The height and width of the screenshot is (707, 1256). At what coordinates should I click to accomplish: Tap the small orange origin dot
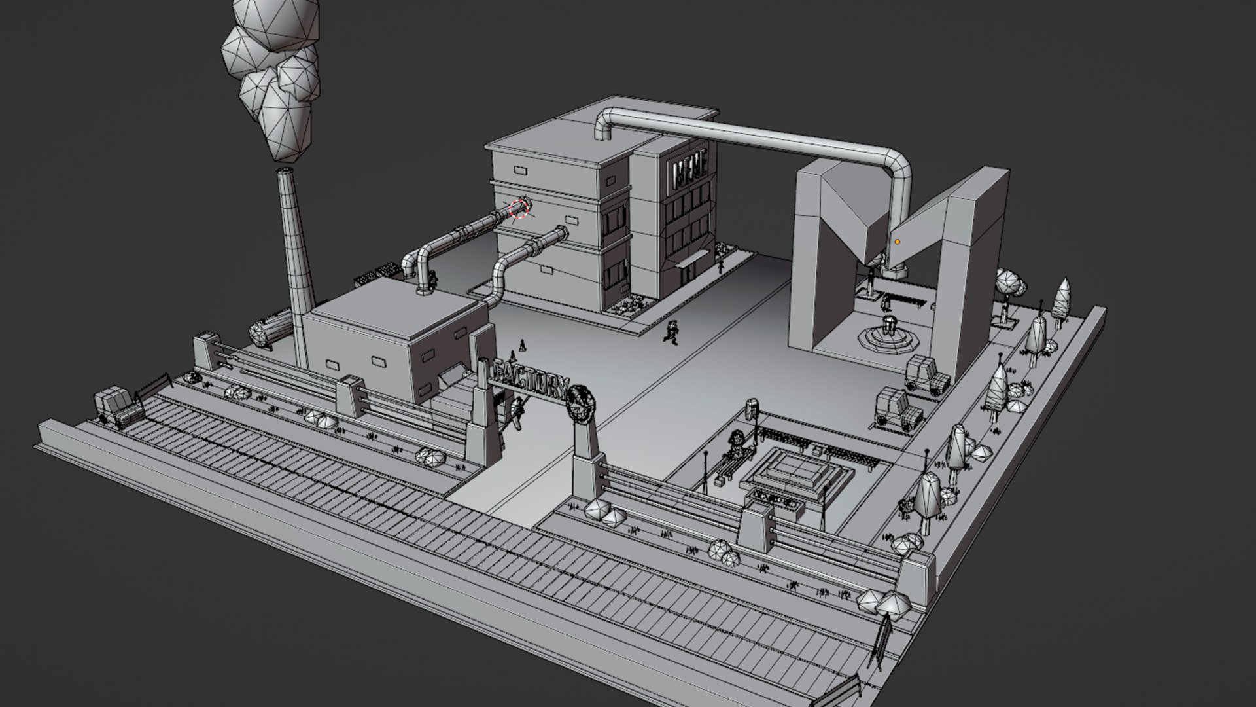pos(897,242)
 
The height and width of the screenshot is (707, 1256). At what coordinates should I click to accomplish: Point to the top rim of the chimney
pos(284,170)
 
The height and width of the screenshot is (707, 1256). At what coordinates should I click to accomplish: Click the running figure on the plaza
pos(671,333)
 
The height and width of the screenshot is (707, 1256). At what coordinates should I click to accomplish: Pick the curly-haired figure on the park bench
pos(736,442)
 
